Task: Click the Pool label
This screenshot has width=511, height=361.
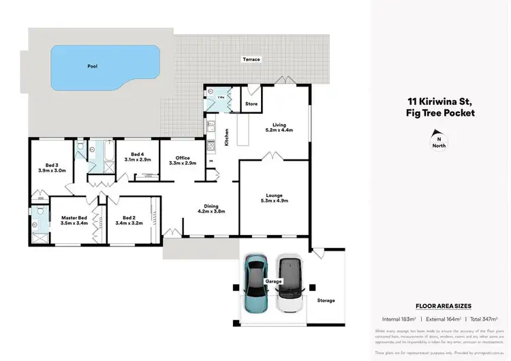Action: click(92, 67)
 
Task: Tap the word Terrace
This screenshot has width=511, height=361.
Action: click(251, 60)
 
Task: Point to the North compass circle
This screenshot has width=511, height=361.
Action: click(439, 143)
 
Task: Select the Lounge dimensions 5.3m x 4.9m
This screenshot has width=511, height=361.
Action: click(275, 200)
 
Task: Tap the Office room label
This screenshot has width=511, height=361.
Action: click(182, 158)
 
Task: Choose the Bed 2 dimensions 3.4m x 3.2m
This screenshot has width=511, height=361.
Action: click(129, 223)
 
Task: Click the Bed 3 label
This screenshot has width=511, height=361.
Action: click(51, 165)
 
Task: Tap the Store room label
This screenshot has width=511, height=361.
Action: click(251, 104)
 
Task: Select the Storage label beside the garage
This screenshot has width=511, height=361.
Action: click(326, 300)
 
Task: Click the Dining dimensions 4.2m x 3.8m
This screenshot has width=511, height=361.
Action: click(211, 211)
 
